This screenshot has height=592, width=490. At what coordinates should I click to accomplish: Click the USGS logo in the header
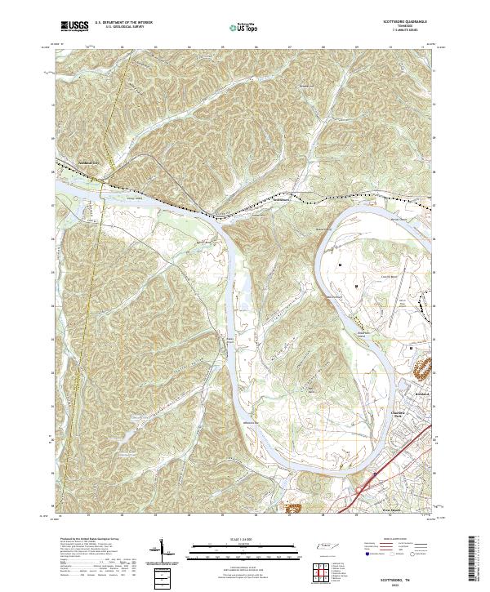click(74, 26)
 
